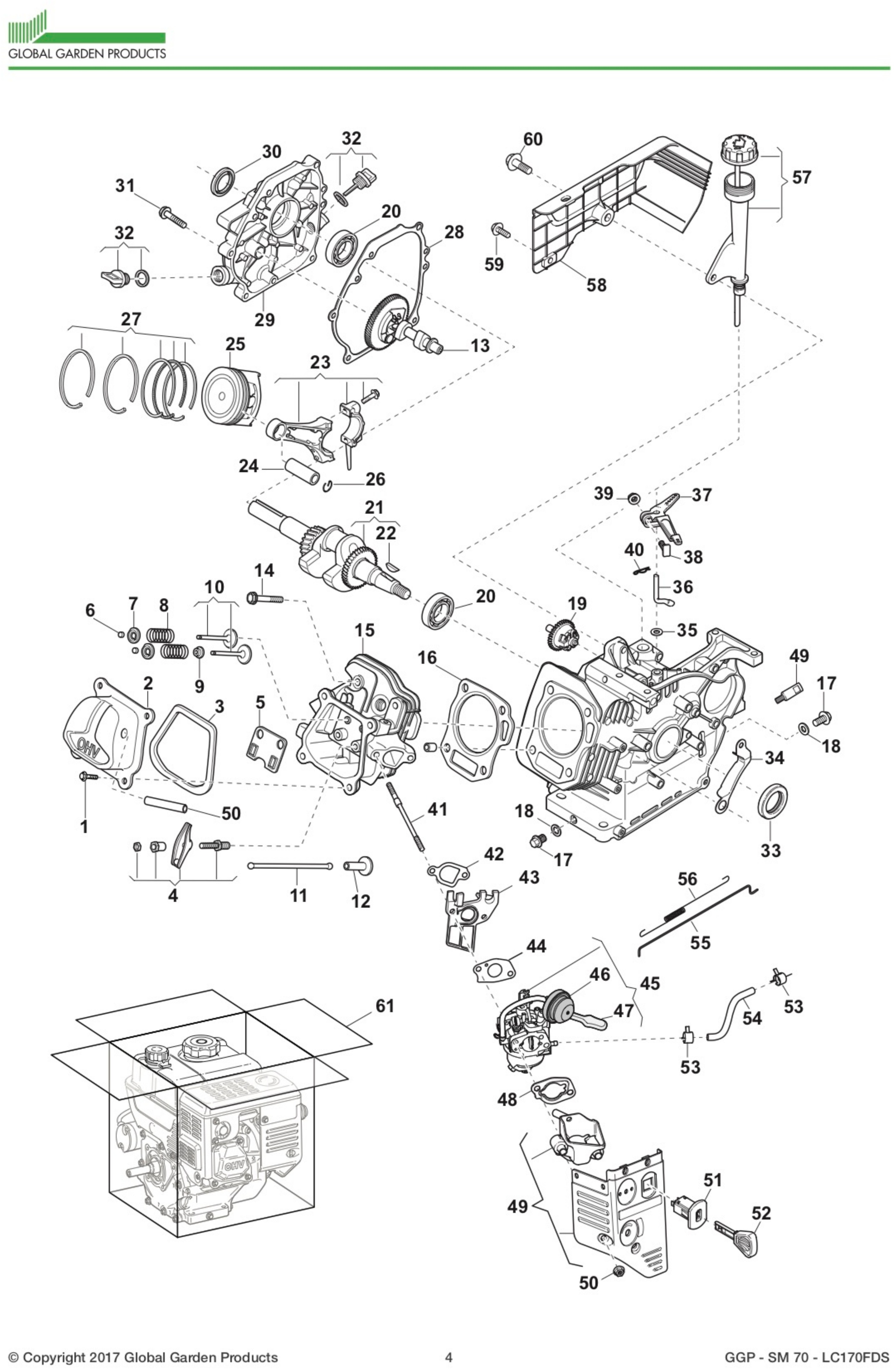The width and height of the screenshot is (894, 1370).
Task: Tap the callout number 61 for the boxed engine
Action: click(384, 1006)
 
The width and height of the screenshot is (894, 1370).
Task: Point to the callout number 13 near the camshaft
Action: click(479, 345)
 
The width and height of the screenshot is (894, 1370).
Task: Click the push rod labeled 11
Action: click(290, 865)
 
